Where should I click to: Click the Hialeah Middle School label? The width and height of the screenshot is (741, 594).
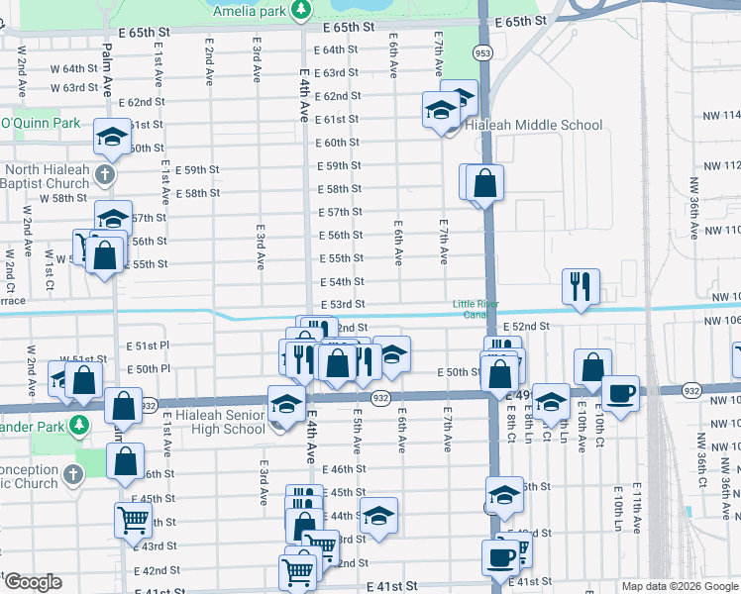click(540, 125)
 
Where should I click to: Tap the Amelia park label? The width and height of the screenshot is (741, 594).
click(249, 8)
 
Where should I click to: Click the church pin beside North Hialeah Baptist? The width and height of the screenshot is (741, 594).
click(106, 175)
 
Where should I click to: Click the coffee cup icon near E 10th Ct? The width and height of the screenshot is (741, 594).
click(620, 393)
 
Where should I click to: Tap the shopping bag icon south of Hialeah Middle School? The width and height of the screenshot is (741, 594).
click(485, 182)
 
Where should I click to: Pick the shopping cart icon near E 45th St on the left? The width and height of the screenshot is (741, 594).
click(134, 518)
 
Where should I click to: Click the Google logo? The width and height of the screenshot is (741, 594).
click(33, 582)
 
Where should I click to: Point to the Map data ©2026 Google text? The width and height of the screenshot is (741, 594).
click(680, 586)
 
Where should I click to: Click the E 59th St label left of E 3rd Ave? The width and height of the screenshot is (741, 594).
click(196, 169)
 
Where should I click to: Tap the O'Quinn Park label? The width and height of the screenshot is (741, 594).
click(40, 124)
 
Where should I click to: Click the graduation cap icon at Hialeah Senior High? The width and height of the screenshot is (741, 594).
click(286, 403)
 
